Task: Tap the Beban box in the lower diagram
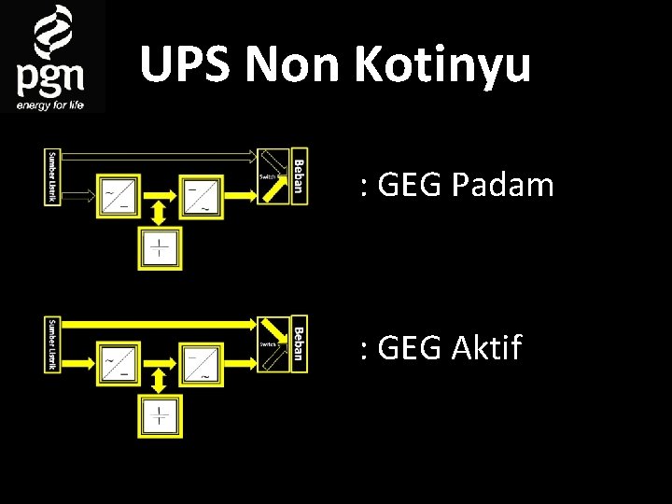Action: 298,344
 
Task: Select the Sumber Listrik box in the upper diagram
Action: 51,176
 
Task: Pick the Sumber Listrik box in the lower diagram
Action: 51,344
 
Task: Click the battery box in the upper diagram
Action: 161,248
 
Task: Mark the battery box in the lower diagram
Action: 161,416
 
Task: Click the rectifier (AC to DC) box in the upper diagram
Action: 117,195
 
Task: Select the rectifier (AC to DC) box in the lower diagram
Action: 117,363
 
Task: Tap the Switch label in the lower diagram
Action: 268,344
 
